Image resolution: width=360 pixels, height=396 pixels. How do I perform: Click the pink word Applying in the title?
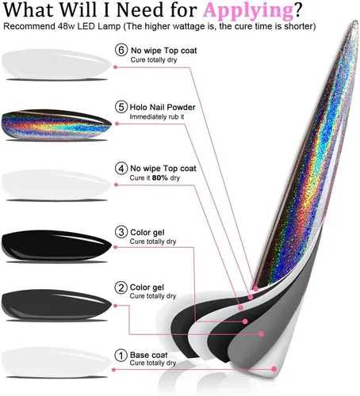[x=248, y=11]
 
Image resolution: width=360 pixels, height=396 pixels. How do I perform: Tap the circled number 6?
[x=121, y=50]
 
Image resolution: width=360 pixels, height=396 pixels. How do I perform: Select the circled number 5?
[x=121, y=107]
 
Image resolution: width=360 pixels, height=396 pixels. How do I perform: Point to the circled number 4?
[x=121, y=168]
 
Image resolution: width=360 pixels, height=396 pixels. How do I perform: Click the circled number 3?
[x=121, y=232]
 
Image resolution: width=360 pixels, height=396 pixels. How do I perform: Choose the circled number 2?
[x=121, y=287]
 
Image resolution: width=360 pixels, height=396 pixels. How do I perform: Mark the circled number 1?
[x=121, y=355]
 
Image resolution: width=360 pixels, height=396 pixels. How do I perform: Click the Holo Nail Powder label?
[x=163, y=107]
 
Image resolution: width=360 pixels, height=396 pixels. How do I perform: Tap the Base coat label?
[x=148, y=355]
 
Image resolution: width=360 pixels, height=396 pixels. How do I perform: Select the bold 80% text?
[x=160, y=178]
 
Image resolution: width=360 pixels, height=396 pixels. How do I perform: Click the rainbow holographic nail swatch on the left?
[x=56, y=124]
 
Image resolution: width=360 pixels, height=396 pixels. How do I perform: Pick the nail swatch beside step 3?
[x=56, y=246]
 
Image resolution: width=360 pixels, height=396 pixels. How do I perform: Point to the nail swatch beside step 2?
[x=56, y=304]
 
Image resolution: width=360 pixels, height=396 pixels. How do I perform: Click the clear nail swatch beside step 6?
[x=56, y=64]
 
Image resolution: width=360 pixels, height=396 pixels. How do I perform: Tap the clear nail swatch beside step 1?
[x=56, y=362]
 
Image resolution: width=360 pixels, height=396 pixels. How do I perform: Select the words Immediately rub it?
[x=157, y=117]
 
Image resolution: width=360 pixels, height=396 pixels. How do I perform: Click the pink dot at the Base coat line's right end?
[x=274, y=369]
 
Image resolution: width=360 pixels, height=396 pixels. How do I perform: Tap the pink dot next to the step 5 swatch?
[x=117, y=124]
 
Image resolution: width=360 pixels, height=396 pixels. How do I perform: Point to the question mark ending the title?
[x=298, y=10]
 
